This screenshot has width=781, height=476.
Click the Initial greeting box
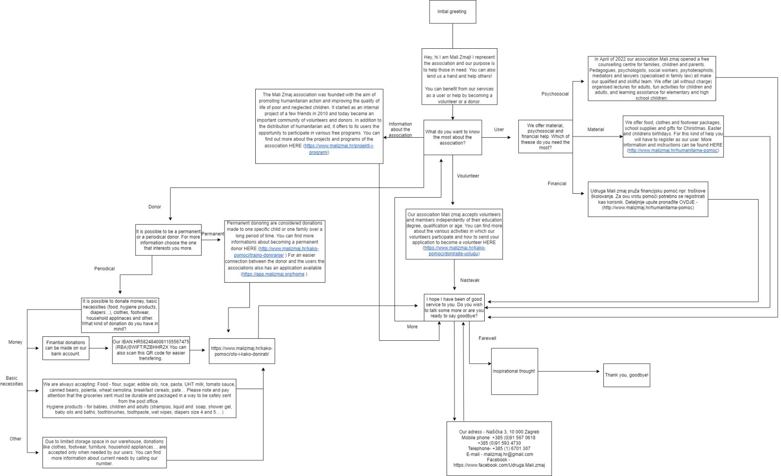[452, 12]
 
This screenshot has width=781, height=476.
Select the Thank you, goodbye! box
[627, 375]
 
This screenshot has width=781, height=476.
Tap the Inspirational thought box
[514, 372]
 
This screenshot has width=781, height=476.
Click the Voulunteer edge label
[468, 176]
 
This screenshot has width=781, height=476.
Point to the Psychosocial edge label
[555, 94]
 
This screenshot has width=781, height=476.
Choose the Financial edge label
[557, 184]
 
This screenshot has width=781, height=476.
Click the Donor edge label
[154, 207]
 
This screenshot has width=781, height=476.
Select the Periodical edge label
[104, 269]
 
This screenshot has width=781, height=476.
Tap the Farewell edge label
[487, 338]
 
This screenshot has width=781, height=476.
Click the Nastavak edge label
[470, 280]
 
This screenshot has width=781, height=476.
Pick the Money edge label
[15, 342]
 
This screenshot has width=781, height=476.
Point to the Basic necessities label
[12, 381]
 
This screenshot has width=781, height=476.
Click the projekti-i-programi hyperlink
[339, 149]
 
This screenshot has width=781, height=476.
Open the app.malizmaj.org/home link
[273, 274]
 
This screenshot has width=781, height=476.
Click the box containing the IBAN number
[151, 350]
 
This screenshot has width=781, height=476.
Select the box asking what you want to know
[452, 137]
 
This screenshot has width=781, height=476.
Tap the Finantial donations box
[65, 348]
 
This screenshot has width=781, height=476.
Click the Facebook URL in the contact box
[499, 465]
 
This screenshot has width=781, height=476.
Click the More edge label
[412, 327]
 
